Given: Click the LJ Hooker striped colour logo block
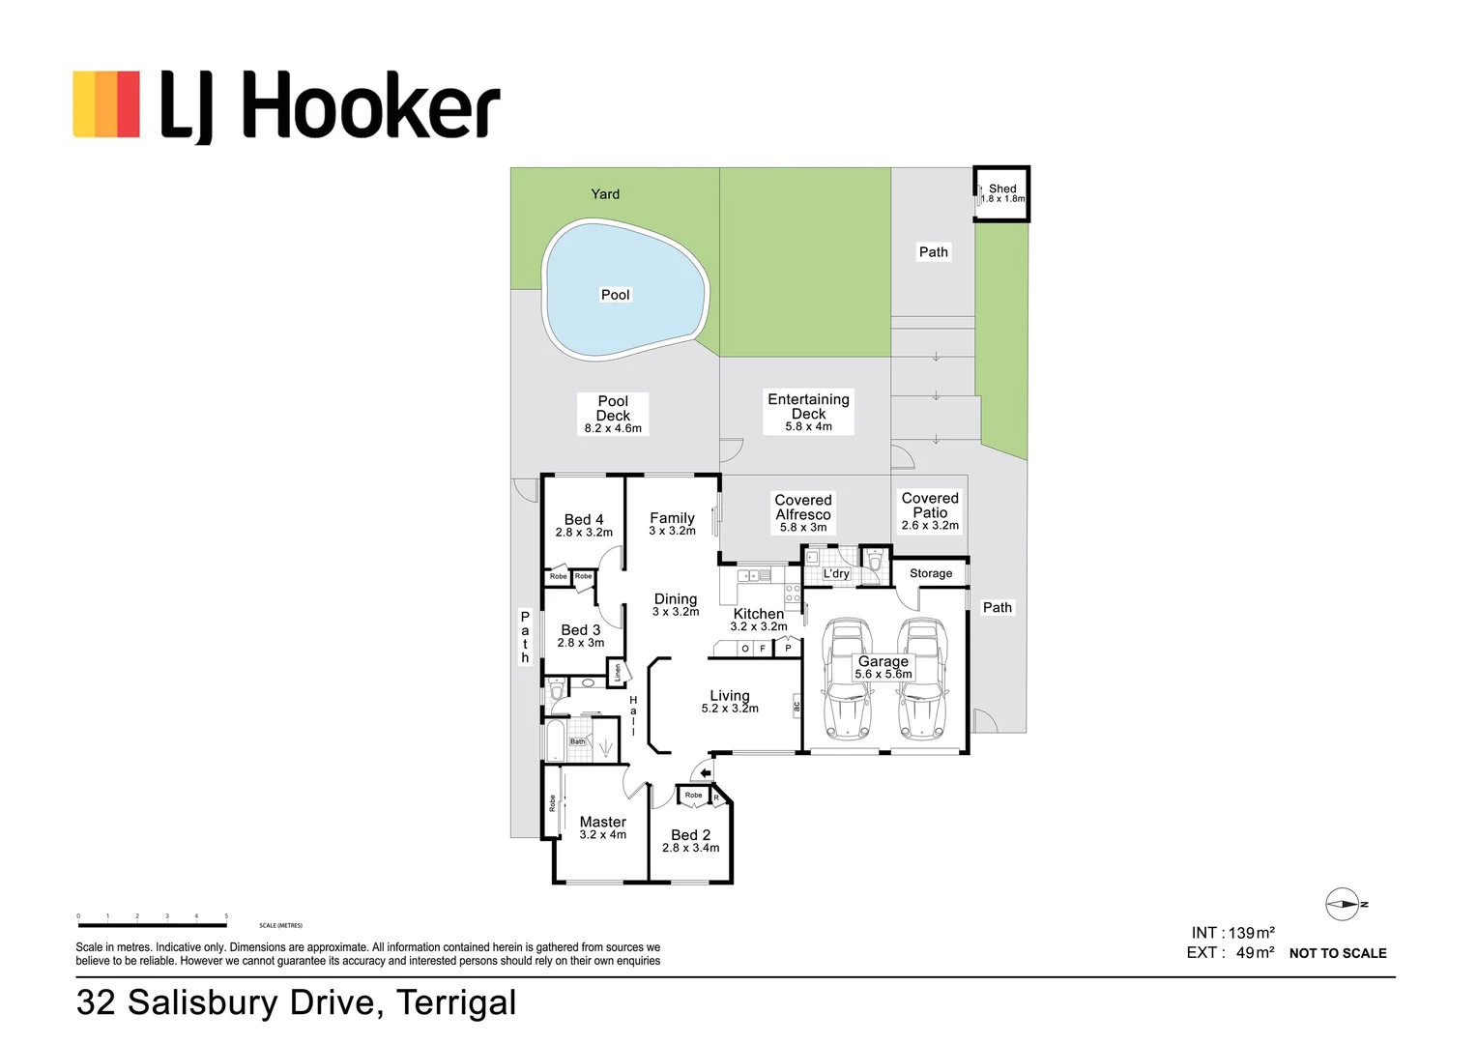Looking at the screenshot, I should tap(106, 103).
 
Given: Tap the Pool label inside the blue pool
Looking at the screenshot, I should tap(615, 295).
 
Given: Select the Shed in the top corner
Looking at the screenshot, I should tap(1001, 193).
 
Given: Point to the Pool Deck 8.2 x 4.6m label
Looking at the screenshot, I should tap(613, 414).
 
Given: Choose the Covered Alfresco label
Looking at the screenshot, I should tap(802, 512).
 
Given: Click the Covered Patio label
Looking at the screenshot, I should tap(930, 510).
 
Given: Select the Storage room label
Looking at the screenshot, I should tap(931, 573).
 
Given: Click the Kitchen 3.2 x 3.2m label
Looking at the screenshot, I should tap(759, 620).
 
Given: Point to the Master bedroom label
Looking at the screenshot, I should tap(603, 827).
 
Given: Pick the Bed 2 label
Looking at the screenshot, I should tap(690, 840).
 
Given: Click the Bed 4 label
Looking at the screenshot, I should tap(584, 525).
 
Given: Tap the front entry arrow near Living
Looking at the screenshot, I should tap(706, 772).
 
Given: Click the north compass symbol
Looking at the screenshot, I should tap(1344, 905).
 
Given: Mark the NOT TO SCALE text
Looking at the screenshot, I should tap(1338, 953).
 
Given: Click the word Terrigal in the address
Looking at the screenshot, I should tap(456, 1002).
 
